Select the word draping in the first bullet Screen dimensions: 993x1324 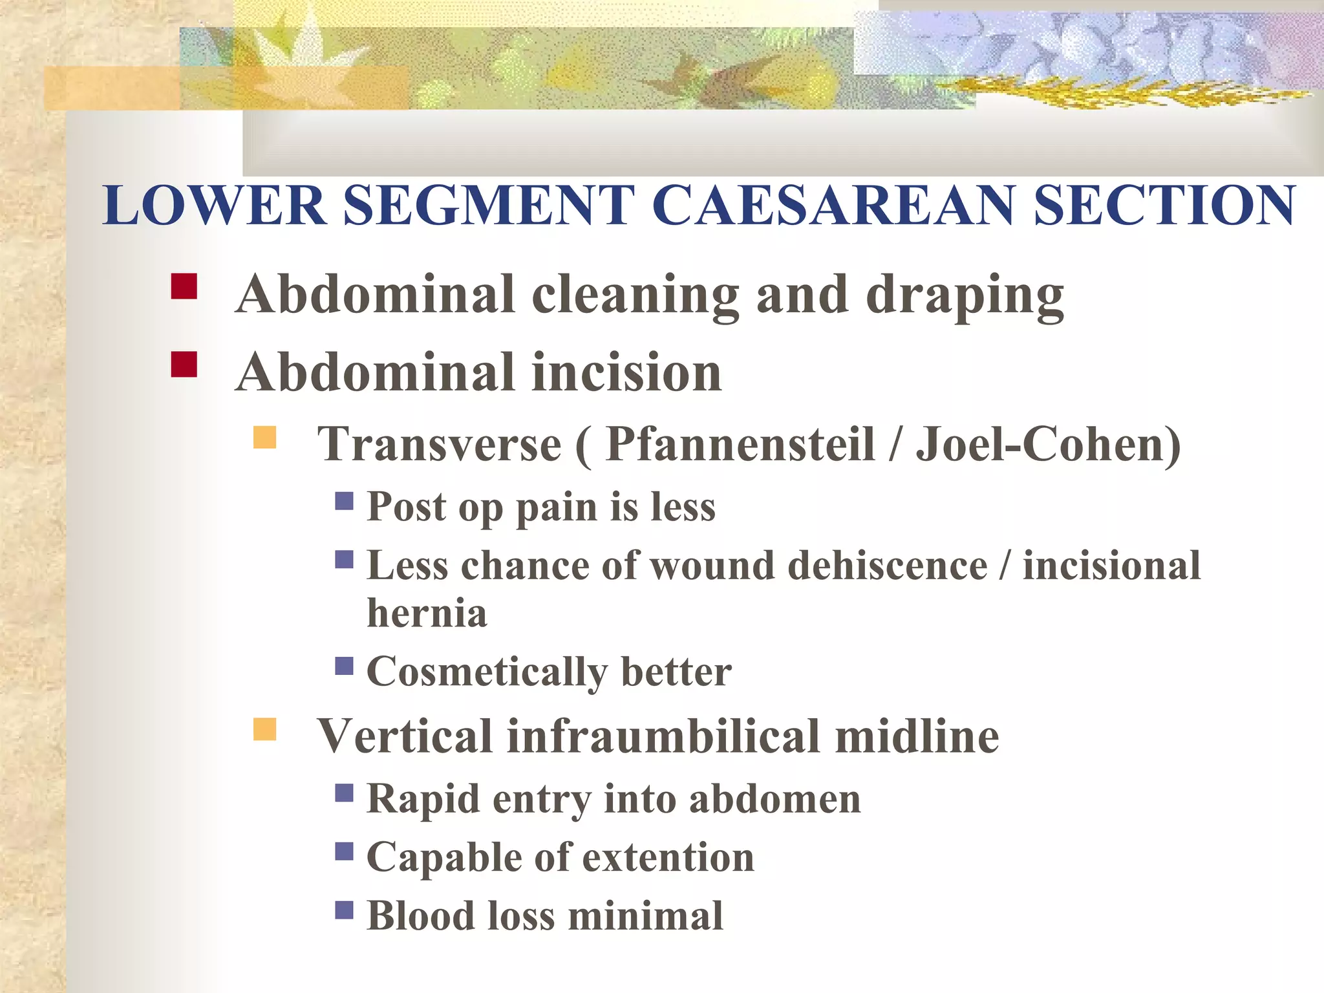point(965,296)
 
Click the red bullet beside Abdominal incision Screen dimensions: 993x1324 point(184,364)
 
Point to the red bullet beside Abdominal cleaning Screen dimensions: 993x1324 point(184,286)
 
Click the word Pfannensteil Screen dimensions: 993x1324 point(741,445)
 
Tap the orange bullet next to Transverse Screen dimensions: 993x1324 point(264,438)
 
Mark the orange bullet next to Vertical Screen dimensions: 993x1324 point(264,729)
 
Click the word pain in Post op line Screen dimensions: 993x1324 point(556,508)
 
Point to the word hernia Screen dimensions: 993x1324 point(427,613)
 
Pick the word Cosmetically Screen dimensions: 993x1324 point(487,672)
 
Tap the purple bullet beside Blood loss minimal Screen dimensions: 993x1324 point(345,910)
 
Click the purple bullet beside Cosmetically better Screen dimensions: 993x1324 point(345,666)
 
